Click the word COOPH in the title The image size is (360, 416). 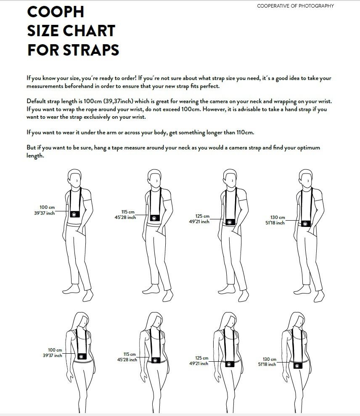point(56,12)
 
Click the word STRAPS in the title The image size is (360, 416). point(91,50)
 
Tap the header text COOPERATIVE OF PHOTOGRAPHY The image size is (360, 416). point(295,6)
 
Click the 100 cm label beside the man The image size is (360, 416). point(47,207)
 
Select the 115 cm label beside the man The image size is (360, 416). point(128,212)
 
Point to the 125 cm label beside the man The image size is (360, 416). point(202,216)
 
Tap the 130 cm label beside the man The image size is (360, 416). point(278,218)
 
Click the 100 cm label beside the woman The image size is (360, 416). point(55,350)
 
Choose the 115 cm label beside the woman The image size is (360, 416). point(130,355)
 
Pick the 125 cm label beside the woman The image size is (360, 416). point(201,358)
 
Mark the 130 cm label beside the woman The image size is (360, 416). point(270,360)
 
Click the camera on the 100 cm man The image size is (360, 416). point(75,214)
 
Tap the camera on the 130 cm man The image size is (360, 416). point(306,224)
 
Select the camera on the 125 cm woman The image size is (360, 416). point(229,364)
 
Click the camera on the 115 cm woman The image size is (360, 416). point(155,360)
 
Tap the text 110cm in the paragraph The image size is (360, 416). point(245,132)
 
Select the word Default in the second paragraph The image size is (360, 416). point(36,101)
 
